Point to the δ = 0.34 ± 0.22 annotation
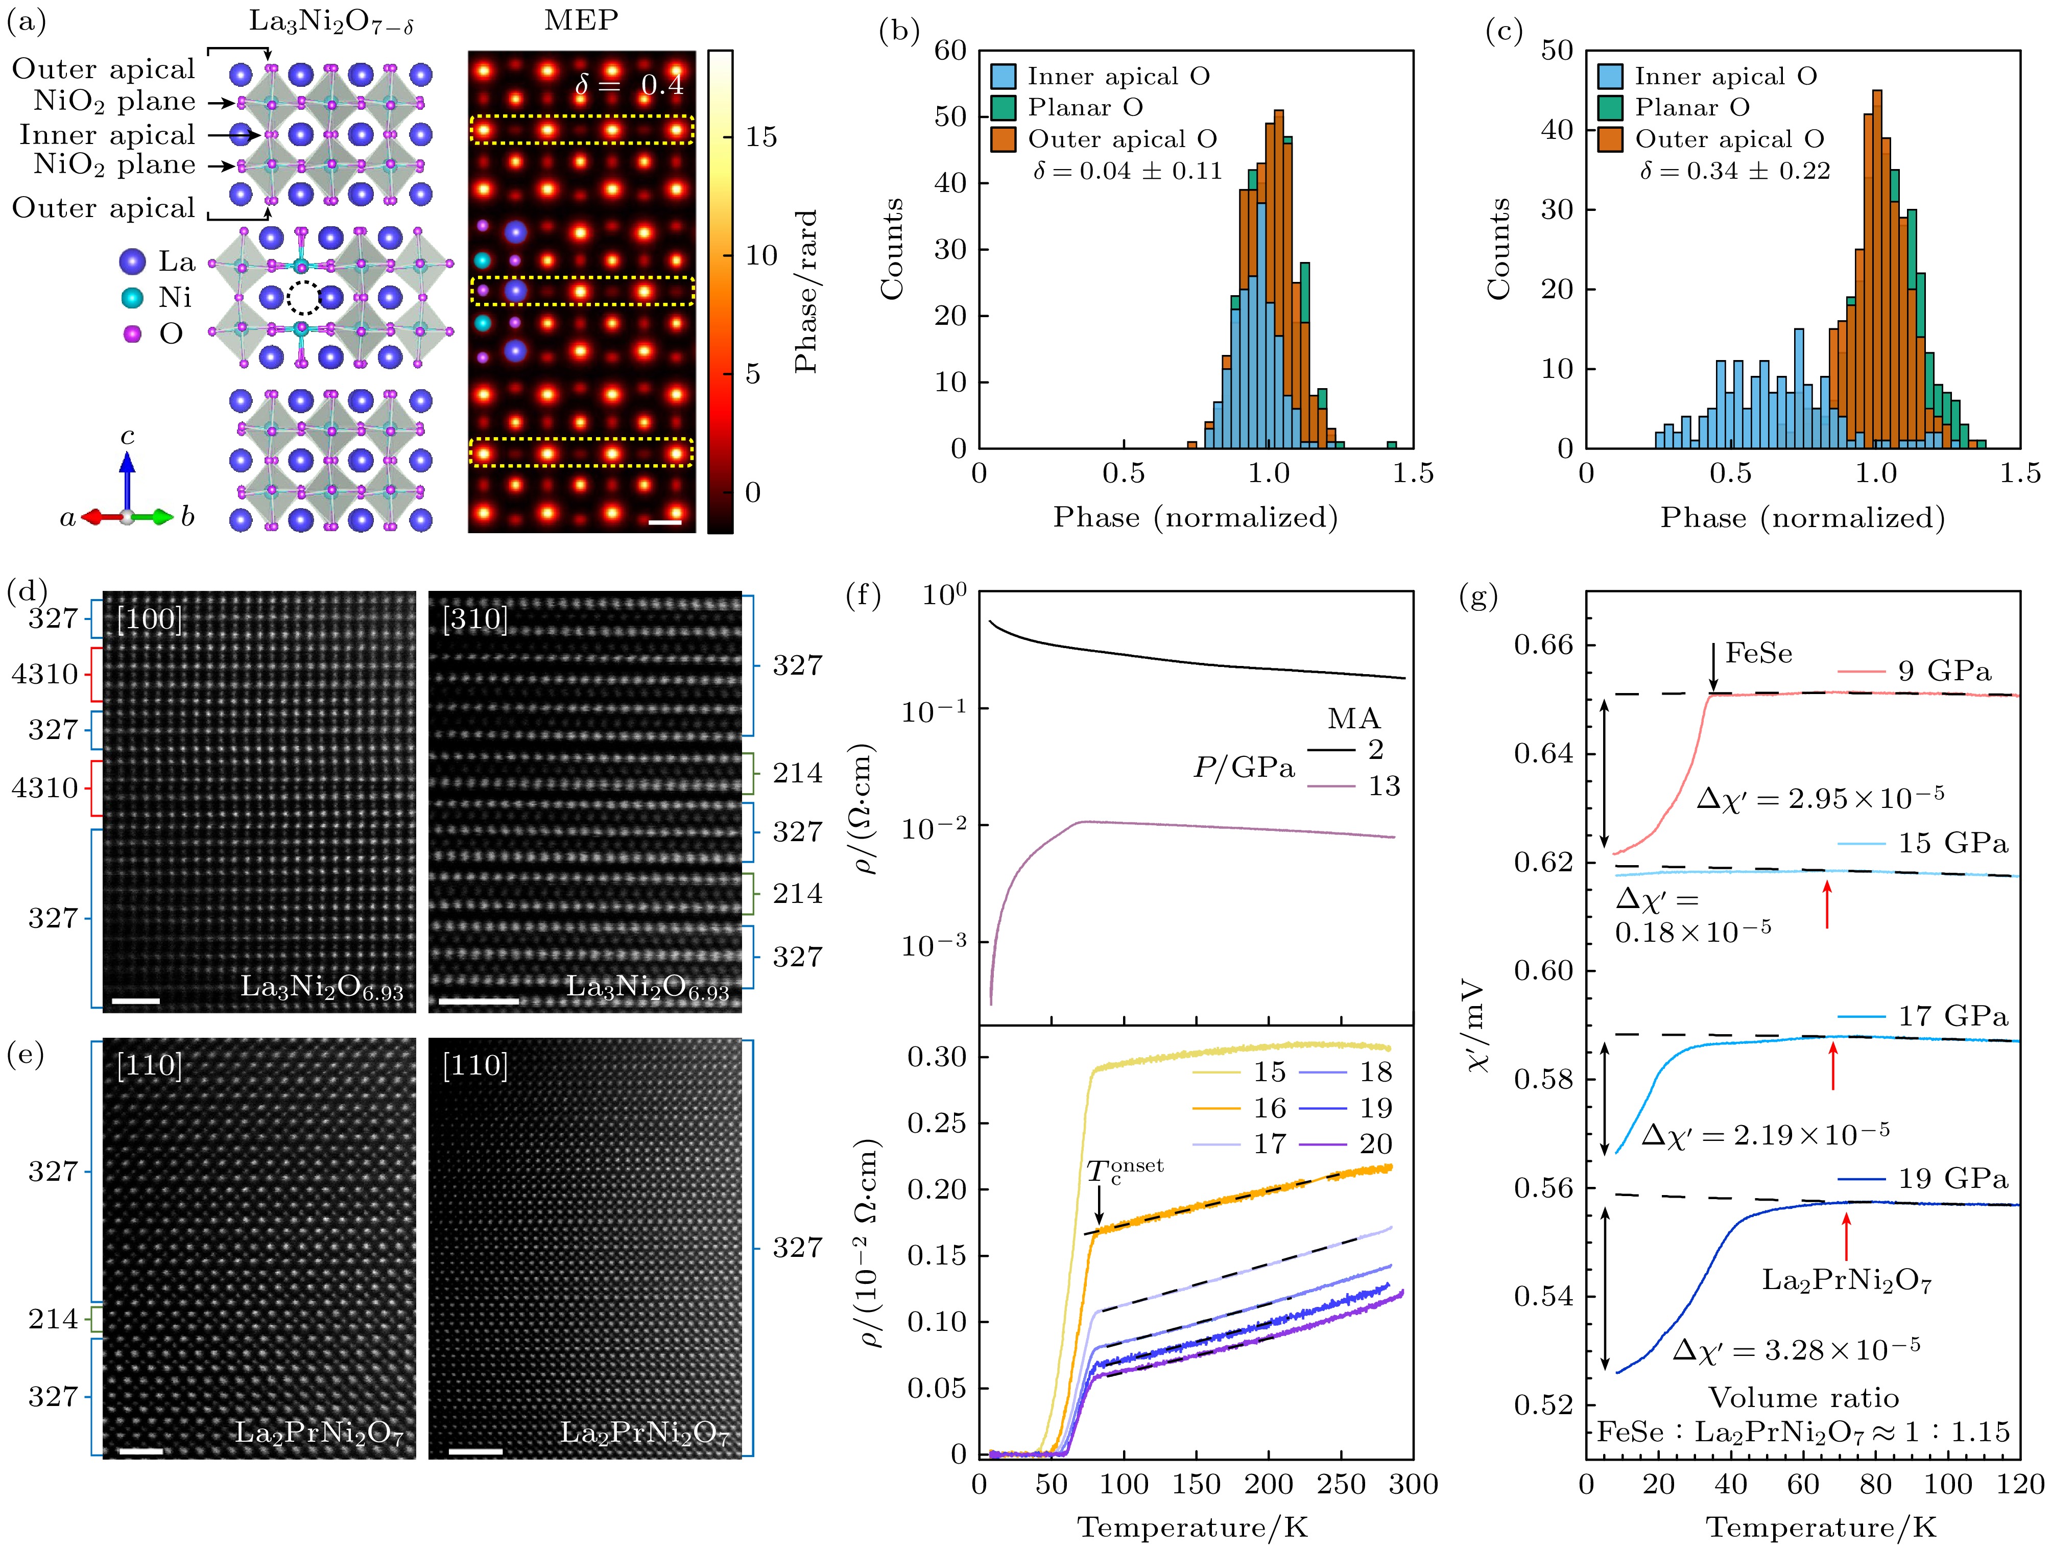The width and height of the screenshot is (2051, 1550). [1734, 171]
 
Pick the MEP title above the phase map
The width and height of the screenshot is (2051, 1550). [581, 20]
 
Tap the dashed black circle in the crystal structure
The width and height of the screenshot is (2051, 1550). [303, 298]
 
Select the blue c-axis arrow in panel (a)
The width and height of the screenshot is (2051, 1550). [127, 478]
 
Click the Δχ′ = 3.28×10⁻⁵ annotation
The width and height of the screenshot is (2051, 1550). [1796, 1349]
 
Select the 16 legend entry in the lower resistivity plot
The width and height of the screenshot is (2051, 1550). [1269, 1108]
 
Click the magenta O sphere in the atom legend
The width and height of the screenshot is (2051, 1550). [133, 333]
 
